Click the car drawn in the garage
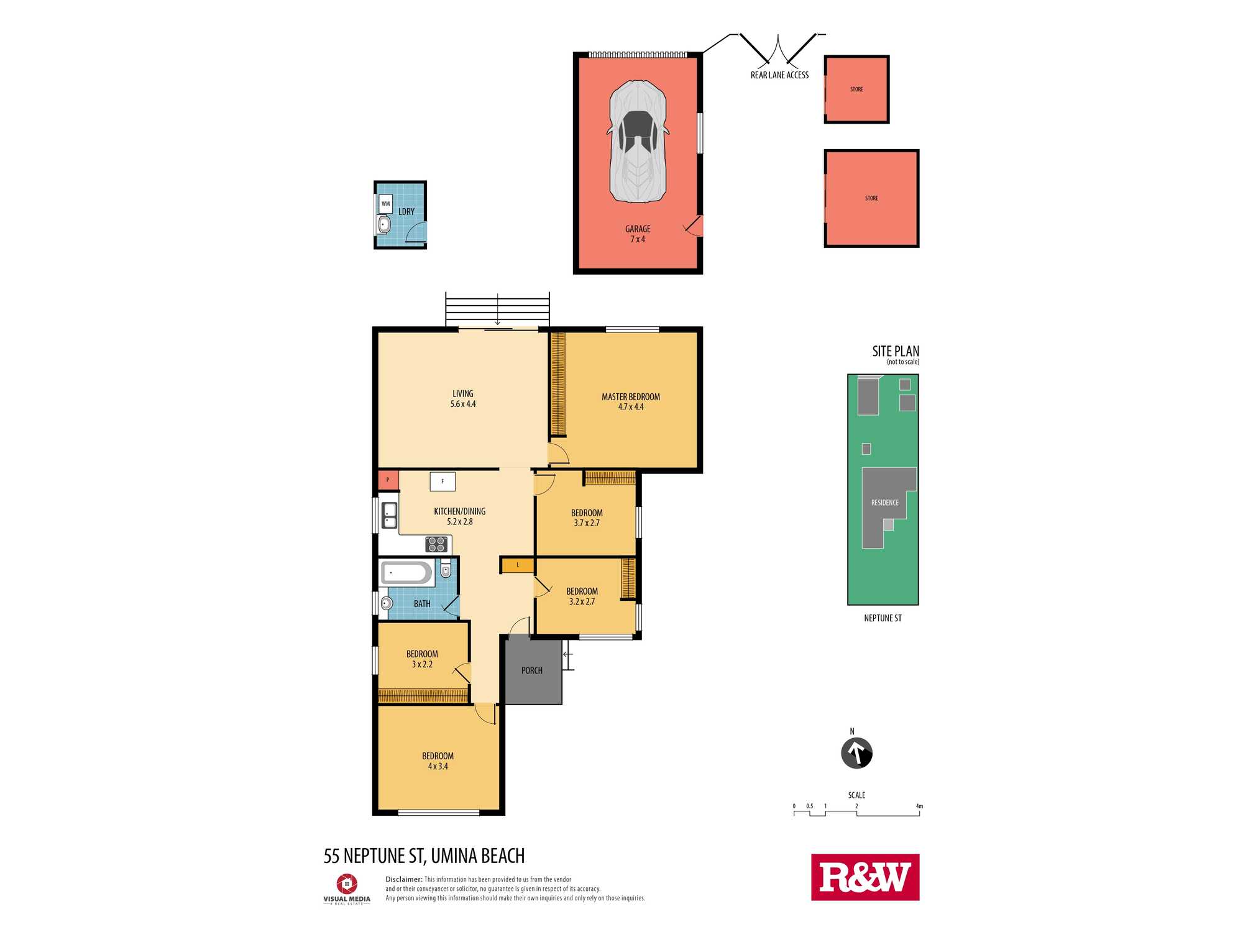pyautogui.click(x=638, y=141)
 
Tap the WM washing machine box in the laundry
pyautogui.click(x=385, y=204)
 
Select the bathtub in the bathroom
pyautogui.click(x=407, y=573)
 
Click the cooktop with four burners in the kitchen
pyautogui.click(x=436, y=544)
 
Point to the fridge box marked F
pyautogui.click(x=443, y=482)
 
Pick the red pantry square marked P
pyautogui.click(x=388, y=480)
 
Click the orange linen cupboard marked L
pyautogui.click(x=518, y=565)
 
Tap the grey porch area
pyautogui.click(x=533, y=671)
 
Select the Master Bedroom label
pyautogui.click(x=631, y=396)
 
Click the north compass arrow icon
pyautogui.click(x=856, y=753)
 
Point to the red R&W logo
pyautogui.click(x=865, y=877)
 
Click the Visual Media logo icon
pyautogui.click(x=347, y=884)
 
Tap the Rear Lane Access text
pyautogui.click(x=779, y=75)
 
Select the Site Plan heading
pyautogui.click(x=896, y=351)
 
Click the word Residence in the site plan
pyautogui.click(x=885, y=503)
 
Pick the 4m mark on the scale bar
pyautogui.click(x=919, y=806)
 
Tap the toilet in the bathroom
pyautogui.click(x=446, y=568)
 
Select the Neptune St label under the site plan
pyautogui.click(x=883, y=618)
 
